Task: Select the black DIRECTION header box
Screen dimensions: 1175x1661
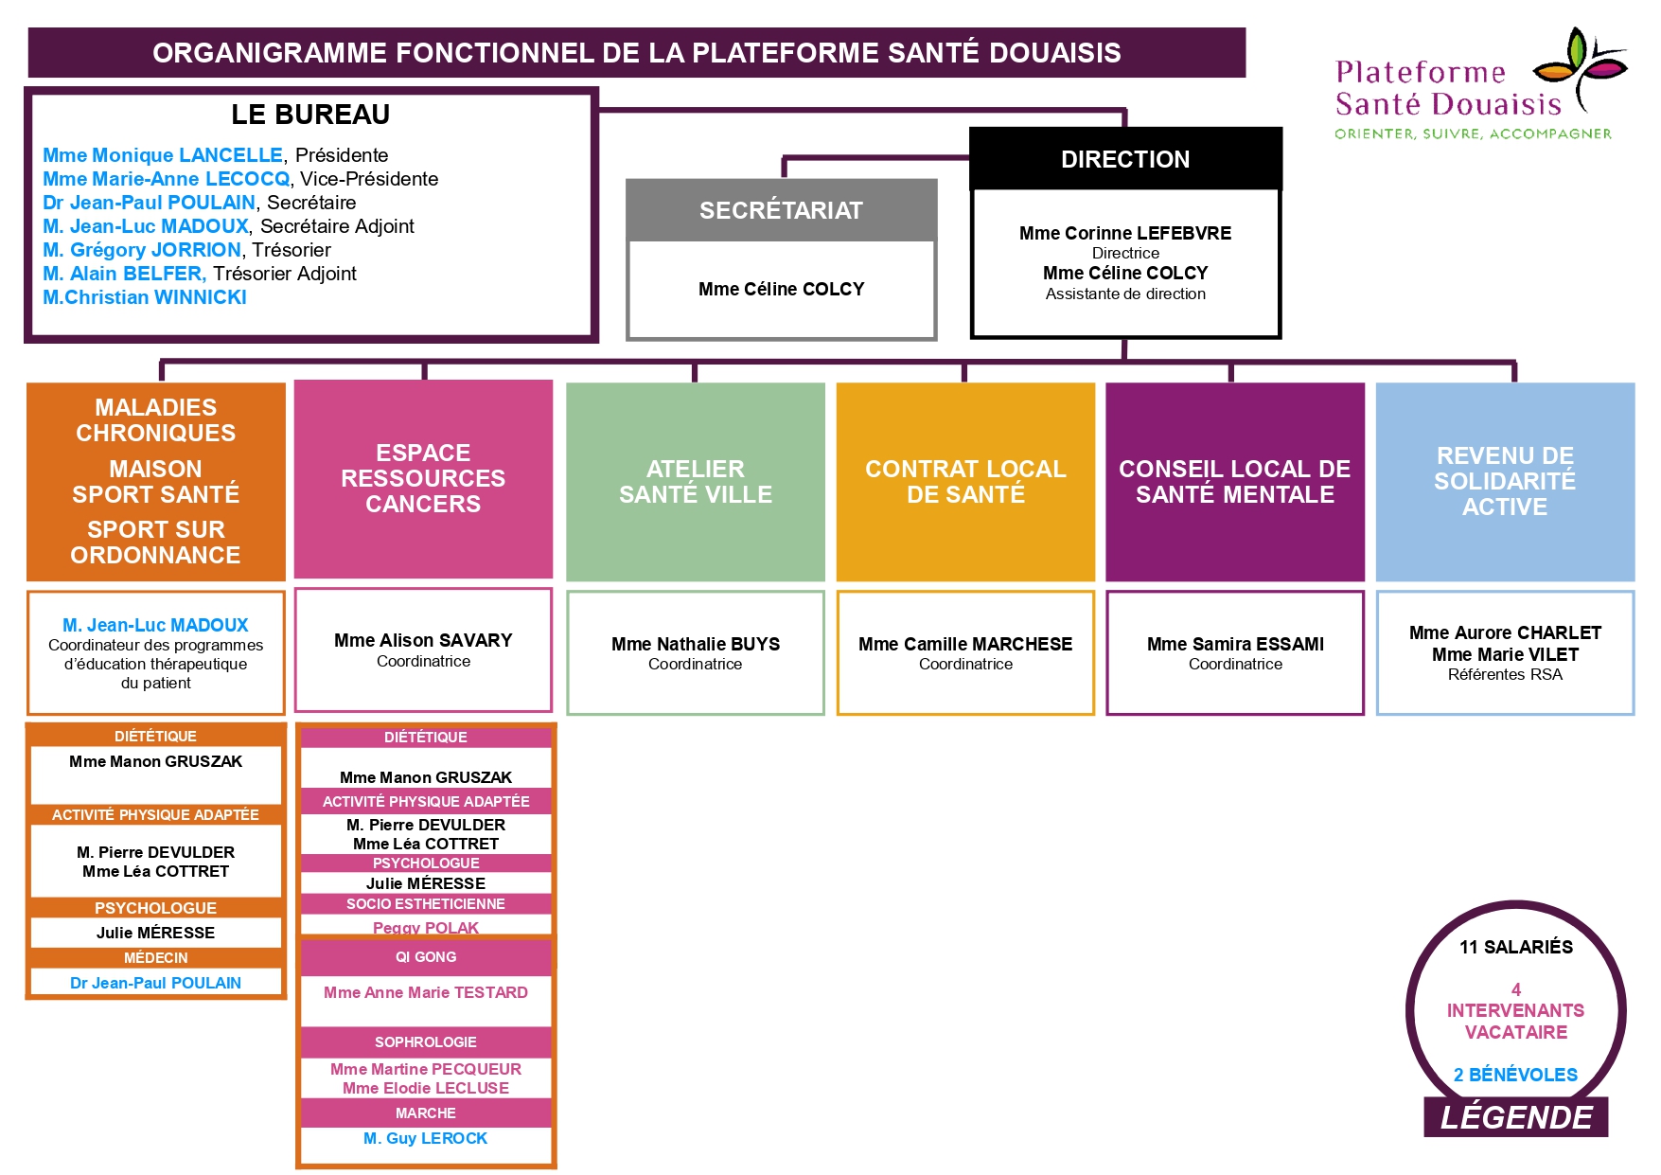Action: [x=1124, y=159]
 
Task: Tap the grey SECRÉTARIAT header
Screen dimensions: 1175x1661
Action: [x=781, y=210]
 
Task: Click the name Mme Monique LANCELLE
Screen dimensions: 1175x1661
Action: [x=163, y=155]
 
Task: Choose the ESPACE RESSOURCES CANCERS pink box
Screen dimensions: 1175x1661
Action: [x=423, y=478]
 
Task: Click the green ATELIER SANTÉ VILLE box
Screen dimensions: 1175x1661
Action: [x=695, y=481]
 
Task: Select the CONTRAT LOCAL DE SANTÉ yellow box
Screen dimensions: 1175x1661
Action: [x=965, y=481]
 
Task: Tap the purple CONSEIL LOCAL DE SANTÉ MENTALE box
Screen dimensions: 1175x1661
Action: [x=1234, y=481]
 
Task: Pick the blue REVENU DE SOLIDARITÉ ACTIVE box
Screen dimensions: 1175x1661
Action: [x=1505, y=481]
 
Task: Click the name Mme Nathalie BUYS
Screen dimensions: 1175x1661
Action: [x=696, y=644]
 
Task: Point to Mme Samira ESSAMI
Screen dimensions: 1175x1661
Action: [x=1235, y=644]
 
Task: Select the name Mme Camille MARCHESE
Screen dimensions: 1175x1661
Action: [x=965, y=644]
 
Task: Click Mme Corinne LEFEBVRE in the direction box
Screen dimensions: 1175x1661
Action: [x=1124, y=233]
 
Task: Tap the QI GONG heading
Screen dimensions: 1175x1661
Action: [x=426, y=957]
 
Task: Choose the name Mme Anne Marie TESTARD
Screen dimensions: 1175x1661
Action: [x=426, y=992]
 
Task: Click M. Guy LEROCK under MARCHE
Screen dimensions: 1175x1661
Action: [x=426, y=1138]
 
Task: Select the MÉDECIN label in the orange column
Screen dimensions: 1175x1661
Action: [x=156, y=958]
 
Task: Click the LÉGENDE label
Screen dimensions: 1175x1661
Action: [x=1515, y=1117]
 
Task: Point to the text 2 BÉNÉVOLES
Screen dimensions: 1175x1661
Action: [x=1515, y=1075]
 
